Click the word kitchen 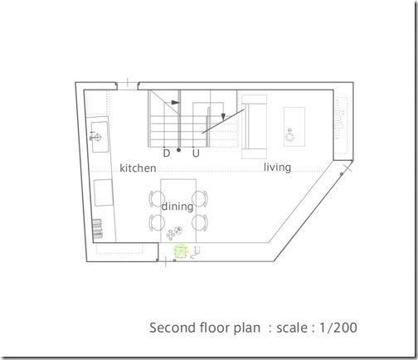pos(138,168)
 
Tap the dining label pos(177,207)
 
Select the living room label pos(277,168)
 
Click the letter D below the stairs pos(167,153)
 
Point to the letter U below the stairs pos(196,153)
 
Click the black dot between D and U pos(178,150)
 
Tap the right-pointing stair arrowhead pos(176,103)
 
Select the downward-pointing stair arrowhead pos(223,117)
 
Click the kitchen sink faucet pos(95,136)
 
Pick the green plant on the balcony pos(181,251)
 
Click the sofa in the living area pos(254,127)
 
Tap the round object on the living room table pos(289,137)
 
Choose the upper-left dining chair pos(157,198)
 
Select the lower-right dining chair pos(200,222)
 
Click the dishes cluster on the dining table pos(174,233)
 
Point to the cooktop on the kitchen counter pos(104,192)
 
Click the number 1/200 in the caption pos(338,328)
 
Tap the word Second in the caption pos(171,328)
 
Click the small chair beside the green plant pos(196,252)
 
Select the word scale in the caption pos(292,328)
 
